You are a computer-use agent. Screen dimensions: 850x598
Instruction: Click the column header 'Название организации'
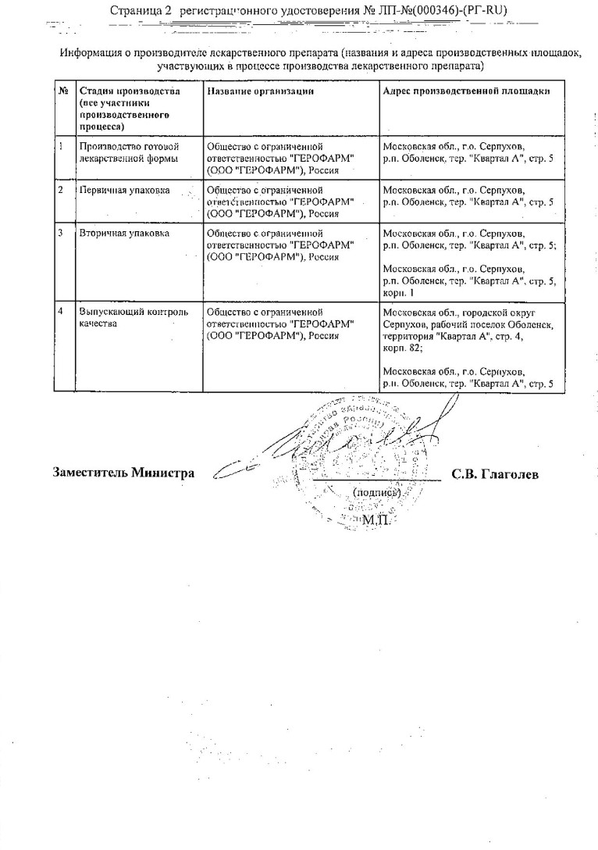[x=261, y=91]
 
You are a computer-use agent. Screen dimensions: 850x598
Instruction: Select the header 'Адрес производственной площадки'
[x=466, y=91]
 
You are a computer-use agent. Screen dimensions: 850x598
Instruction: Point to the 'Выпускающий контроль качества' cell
[x=133, y=318]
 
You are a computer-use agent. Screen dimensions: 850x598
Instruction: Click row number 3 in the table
[x=61, y=233]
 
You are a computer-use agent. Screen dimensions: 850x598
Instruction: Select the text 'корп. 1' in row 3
[x=402, y=291]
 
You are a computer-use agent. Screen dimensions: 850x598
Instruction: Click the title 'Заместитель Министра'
[x=123, y=473]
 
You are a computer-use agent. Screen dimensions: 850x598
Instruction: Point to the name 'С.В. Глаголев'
[x=495, y=474]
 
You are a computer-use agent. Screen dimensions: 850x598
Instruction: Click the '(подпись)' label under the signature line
[x=377, y=492]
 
